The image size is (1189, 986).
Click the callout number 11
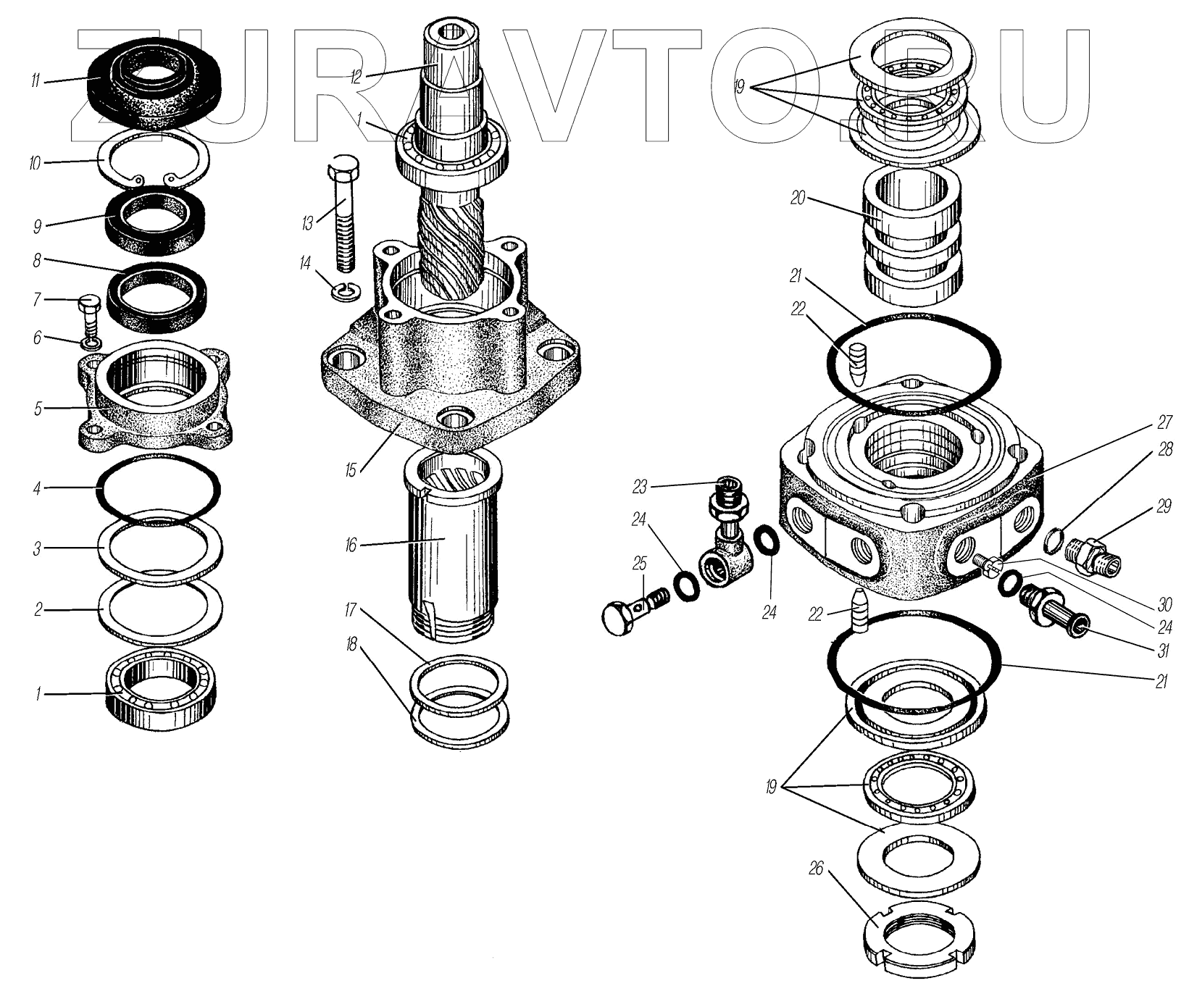(x=34, y=80)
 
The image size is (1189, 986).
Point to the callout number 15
(x=351, y=470)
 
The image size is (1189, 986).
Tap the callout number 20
(x=798, y=198)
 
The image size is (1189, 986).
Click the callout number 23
(x=639, y=487)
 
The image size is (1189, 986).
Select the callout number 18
(x=351, y=643)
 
